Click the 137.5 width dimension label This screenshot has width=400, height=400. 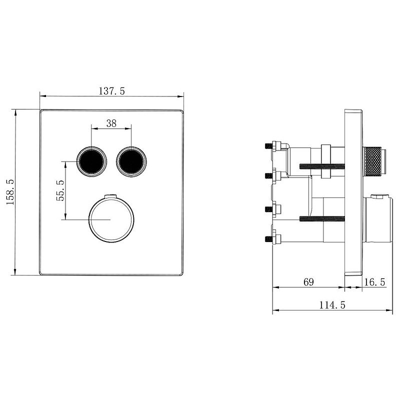coord(111,91)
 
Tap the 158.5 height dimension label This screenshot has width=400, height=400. coord(10,192)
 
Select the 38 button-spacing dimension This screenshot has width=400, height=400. coord(111,123)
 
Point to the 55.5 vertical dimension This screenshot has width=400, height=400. coord(60,190)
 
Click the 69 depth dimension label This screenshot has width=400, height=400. coord(308,282)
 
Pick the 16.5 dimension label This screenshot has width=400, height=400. coord(374,282)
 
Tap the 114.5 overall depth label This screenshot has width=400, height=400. coord(332,305)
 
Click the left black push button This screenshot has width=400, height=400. coord(91,161)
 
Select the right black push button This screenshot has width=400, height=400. coord(131,161)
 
